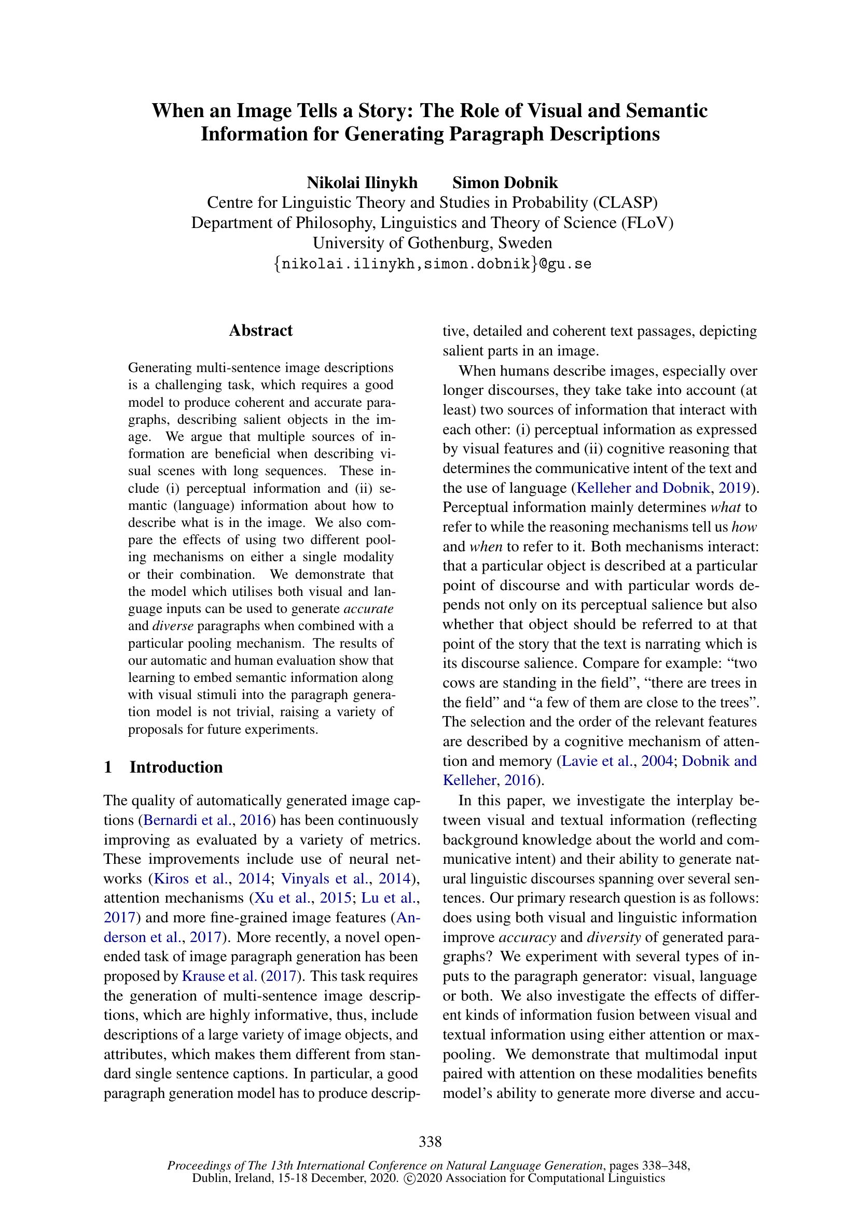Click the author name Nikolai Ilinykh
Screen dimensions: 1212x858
point(362,182)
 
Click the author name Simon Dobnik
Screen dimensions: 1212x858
point(505,182)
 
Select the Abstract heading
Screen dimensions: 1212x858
point(260,331)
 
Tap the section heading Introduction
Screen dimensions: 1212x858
point(176,767)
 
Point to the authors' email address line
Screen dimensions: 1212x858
point(432,263)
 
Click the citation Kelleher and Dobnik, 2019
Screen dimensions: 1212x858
point(663,488)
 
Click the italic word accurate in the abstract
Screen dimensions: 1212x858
point(368,609)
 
